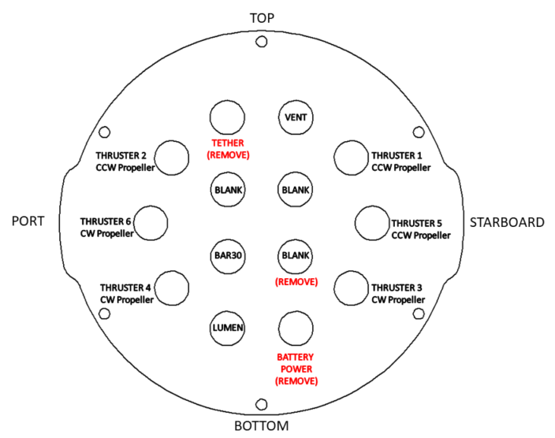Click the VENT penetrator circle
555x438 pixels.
[x=296, y=118]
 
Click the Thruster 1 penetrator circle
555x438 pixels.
[x=352, y=158]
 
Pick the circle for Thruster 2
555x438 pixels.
[x=173, y=158]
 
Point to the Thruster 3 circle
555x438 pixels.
[x=352, y=288]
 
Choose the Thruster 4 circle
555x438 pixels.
[x=173, y=288]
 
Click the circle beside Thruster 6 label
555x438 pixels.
[x=151, y=223]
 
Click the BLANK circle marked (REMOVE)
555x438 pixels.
[x=296, y=256]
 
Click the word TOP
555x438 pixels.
[x=262, y=17]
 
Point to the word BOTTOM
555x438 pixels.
[x=262, y=426]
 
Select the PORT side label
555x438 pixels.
[x=28, y=222]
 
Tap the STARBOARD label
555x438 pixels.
[x=507, y=222]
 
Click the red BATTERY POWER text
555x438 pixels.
[x=296, y=362]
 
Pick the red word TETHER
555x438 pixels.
[x=228, y=143]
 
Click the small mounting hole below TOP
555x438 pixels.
[x=262, y=43]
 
